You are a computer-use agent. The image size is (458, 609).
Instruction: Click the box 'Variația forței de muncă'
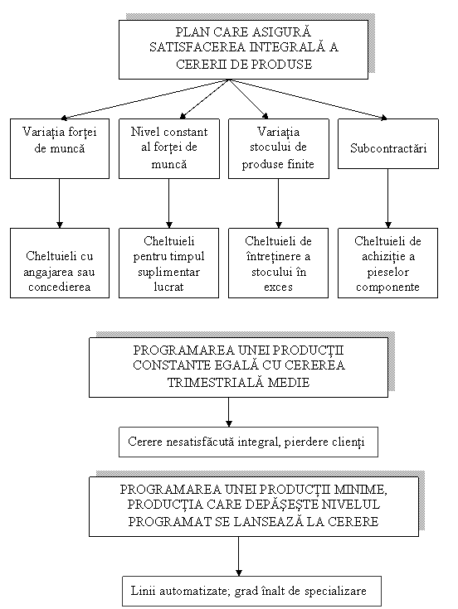pyautogui.click(x=60, y=148)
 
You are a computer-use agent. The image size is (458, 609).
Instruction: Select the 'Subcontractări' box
pyautogui.click(x=388, y=143)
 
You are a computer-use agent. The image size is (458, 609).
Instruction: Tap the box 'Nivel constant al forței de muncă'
pyautogui.click(x=169, y=148)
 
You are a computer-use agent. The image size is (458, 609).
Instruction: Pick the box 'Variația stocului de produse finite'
pyautogui.click(x=279, y=148)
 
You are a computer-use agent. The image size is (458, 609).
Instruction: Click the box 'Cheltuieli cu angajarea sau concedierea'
pyautogui.click(x=60, y=263)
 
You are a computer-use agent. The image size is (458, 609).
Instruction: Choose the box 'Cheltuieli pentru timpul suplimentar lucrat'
pyautogui.click(x=168, y=263)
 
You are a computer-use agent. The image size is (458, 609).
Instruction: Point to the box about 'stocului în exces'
pyautogui.click(x=278, y=263)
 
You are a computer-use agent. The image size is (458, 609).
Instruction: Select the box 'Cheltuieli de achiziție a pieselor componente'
pyautogui.click(x=387, y=263)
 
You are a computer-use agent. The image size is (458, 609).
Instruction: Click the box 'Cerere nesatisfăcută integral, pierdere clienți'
pyautogui.click(x=248, y=442)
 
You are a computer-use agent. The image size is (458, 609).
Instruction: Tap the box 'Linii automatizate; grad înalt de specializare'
pyautogui.click(x=251, y=591)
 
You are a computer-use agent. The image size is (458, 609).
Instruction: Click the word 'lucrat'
pyautogui.click(x=168, y=287)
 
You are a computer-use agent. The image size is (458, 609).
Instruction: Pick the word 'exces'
pyautogui.click(x=279, y=288)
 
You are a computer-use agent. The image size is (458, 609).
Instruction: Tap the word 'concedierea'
pyautogui.click(x=60, y=287)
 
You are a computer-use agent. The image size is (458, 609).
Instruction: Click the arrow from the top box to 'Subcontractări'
pyautogui.click(x=309, y=99)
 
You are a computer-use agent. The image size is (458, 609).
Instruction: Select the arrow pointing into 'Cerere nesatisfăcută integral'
pyautogui.click(x=229, y=412)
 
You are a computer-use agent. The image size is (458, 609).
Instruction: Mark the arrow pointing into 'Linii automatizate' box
pyautogui.click(x=239, y=556)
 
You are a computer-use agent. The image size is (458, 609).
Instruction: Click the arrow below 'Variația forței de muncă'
pyautogui.click(x=60, y=203)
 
